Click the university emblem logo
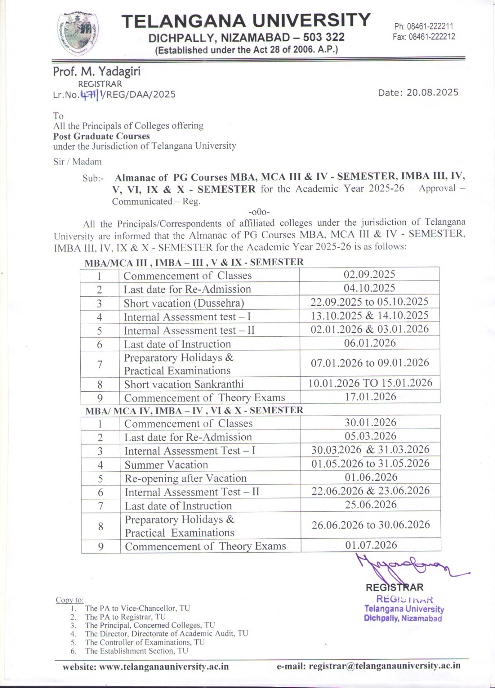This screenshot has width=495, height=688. click(x=78, y=34)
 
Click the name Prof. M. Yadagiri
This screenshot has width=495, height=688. click(x=97, y=71)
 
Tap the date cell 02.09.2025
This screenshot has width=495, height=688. click(x=369, y=274)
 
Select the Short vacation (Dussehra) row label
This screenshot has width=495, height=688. click(x=184, y=303)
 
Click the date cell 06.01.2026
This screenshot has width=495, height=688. click(x=370, y=343)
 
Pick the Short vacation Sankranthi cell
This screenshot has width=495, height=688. click(x=184, y=384)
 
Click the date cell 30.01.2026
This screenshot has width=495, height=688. click(x=370, y=422)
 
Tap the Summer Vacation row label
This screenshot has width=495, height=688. click(x=167, y=465)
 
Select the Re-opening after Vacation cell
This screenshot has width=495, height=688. click(x=185, y=479)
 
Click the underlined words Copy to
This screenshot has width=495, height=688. click(x=70, y=600)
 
